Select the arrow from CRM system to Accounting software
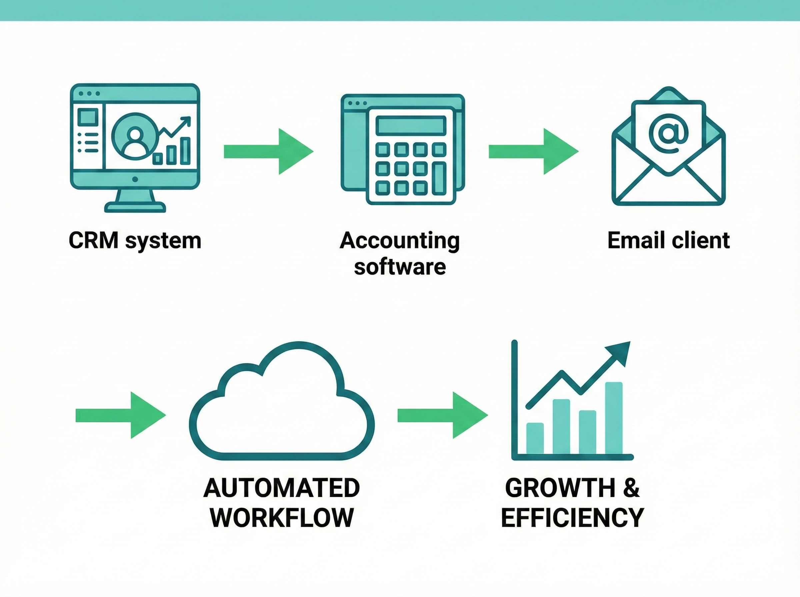pos(268,152)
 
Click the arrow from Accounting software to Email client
pos(533,152)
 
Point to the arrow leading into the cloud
pos(120,415)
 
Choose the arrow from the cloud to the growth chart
pos(442,415)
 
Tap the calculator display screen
pos(411,125)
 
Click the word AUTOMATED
pos(282,488)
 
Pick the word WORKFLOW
pos(282,517)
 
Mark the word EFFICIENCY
pos(572,517)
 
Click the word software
pos(399,268)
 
